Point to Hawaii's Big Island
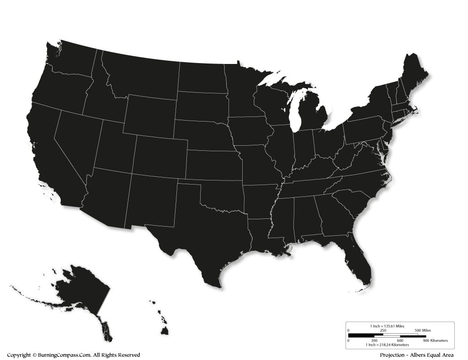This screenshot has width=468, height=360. pos(165,330)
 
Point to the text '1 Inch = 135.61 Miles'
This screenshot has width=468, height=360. pos(387,326)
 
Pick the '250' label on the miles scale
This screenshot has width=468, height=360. pos(383,330)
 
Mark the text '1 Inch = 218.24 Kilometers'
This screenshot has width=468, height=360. pos(387,345)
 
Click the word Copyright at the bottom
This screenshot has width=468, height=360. pos(19,355)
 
